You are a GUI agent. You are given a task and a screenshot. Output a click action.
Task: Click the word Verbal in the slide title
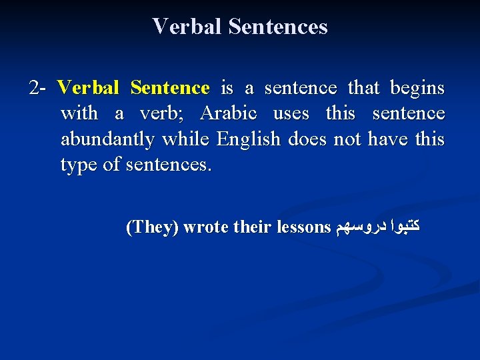coord(187,27)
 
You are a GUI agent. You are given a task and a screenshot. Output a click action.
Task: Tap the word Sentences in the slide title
coord(278,27)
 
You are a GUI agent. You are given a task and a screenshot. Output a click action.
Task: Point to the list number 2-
coord(38,88)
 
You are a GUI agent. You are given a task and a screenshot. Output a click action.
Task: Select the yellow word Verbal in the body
coord(88,88)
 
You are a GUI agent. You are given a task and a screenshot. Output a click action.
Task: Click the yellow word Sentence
coord(170,88)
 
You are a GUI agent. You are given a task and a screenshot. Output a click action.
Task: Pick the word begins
coord(417,88)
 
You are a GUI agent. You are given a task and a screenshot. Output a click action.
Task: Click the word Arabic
coord(228,113)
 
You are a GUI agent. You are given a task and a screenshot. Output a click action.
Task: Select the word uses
coord(291,113)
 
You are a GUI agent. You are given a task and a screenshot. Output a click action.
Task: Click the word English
coord(249,139)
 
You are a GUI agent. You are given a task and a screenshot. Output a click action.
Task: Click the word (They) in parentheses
coord(152,227)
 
